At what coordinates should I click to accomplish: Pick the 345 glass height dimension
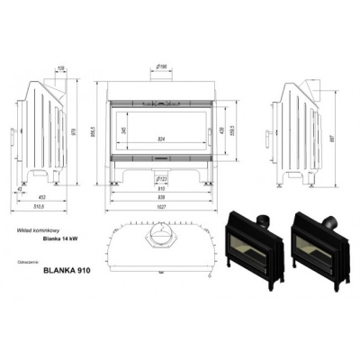(123, 131)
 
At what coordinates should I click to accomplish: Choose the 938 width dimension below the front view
(159, 197)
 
